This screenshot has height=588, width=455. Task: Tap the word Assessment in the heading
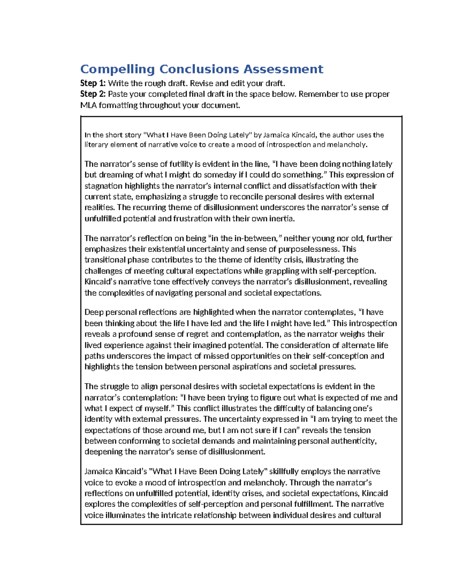click(x=283, y=69)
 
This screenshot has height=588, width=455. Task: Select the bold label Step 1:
click(x=93, y=83)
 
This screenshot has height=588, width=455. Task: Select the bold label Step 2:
click(x=93, y=94)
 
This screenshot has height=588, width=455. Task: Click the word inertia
click(x=281, y=218)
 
